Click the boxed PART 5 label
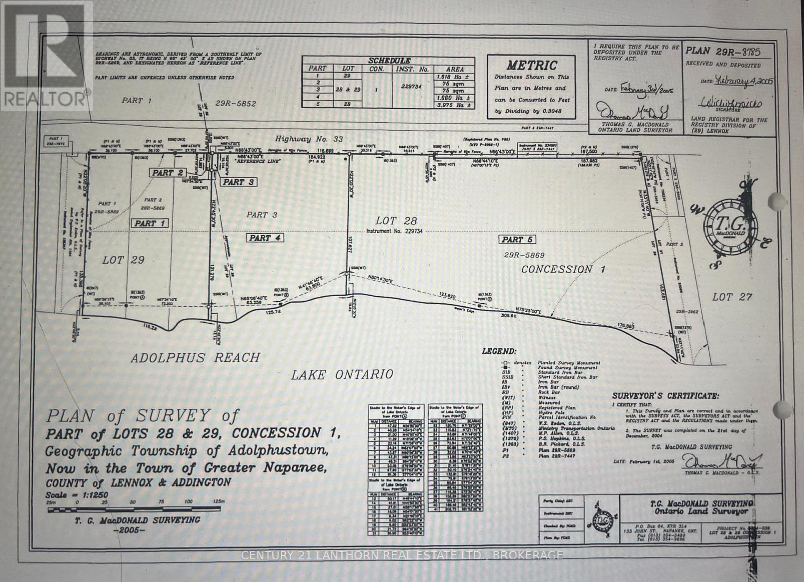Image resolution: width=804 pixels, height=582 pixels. click(x=517, y=240)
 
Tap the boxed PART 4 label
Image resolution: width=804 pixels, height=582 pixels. click(x=265, y=238)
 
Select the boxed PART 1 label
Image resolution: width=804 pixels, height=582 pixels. click(x=150, y=223)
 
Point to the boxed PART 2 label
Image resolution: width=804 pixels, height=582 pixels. click(x=168, y=173)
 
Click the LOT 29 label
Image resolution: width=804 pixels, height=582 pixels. click(x=123, y=260)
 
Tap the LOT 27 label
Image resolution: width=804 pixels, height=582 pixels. click(x=732, y=297)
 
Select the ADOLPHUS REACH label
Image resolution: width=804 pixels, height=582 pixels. click(x=195, y=358)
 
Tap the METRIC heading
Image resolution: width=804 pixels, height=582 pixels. click(x=532, y=65)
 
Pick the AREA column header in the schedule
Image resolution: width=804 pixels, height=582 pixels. click(x=454, y=69)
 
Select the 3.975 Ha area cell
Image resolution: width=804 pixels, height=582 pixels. click(x=454, y=105)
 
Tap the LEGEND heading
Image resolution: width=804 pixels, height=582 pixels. click(x=498, y=352)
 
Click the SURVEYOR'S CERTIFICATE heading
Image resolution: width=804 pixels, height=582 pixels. click(x=665, y=396)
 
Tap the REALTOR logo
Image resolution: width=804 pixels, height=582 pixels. click(x=46, y=54)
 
